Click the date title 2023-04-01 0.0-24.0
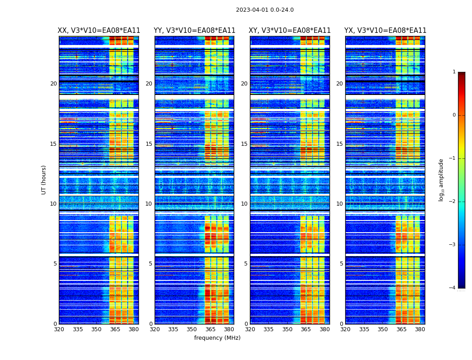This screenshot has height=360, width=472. pos(265,10)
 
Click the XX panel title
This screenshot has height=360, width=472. pos(99,31)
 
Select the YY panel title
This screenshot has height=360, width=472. pos(194,31)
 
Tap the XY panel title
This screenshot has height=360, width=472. pos(290,31)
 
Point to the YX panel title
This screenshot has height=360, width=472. pos(385,31)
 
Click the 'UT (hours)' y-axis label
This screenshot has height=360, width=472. pos(44,180)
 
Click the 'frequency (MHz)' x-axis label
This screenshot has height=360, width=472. pos(217,338)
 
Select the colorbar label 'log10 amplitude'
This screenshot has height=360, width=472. pos(441,180)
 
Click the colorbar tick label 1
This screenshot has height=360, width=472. pos(454,72)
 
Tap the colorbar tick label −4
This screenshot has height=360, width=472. pos(453,288)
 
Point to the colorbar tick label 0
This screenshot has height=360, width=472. pos(454,115)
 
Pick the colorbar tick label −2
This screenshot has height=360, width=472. pos(453,202)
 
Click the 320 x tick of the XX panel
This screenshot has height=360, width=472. pos(59,329)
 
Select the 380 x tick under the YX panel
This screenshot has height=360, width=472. pos(420,329)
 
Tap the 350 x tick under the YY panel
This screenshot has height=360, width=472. pos(192,329)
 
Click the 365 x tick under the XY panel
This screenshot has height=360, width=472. pos(306,329)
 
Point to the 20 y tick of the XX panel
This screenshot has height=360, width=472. pos(53,84)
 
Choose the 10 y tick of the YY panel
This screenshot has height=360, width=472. pos(149,204)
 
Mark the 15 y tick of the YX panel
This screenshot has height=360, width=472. pos(340,144)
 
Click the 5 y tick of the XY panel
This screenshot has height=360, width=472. pos(246,264)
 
